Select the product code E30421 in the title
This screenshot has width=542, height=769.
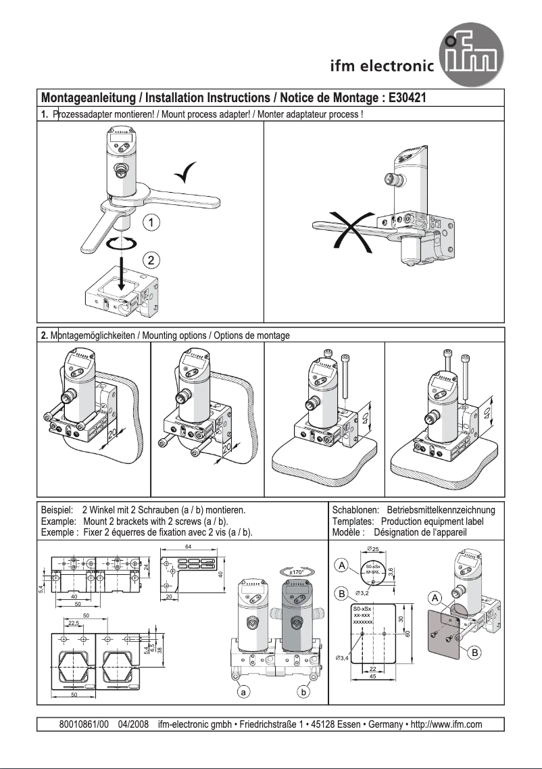coord(408,97)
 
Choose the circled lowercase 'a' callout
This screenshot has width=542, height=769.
coord(239,693)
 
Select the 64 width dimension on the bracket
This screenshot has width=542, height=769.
coord(188,546)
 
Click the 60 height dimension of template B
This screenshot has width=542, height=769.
coord(408,633)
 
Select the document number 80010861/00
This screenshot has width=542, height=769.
coord(84,724)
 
